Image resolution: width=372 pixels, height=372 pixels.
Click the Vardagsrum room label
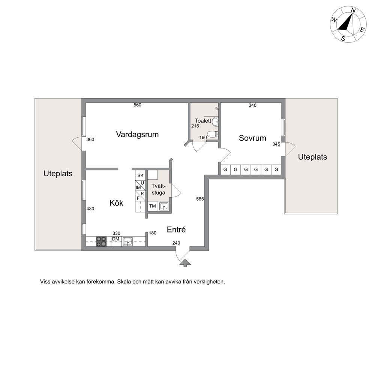[137, 135]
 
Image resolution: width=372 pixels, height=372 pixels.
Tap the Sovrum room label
[252, 138]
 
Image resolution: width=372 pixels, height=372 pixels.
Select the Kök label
[117, 203]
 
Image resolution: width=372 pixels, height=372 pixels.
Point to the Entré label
[176, 229]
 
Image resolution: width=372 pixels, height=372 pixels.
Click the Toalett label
[203, 120]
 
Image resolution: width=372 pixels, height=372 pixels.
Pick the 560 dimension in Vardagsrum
[137, 105]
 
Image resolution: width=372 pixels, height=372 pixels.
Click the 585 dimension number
[200, 199]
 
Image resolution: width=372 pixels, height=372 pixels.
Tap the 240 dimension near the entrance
[176, 243]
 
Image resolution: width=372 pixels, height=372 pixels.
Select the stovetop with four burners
[101, 241]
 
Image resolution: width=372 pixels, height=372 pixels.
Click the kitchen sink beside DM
[127, 241]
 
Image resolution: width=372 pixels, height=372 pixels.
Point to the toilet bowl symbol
[213, 135]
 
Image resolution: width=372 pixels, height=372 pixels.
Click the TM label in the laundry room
[153, 206]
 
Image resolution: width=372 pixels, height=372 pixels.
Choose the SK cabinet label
[141, 175]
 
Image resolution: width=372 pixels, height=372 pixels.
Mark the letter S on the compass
[343, 38]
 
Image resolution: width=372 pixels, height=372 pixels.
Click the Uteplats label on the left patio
[58, 174]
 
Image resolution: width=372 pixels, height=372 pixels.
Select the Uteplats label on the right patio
[312, 157]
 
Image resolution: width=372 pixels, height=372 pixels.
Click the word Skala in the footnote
[124, 282]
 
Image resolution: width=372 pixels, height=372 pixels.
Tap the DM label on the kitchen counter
[115, 239]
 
